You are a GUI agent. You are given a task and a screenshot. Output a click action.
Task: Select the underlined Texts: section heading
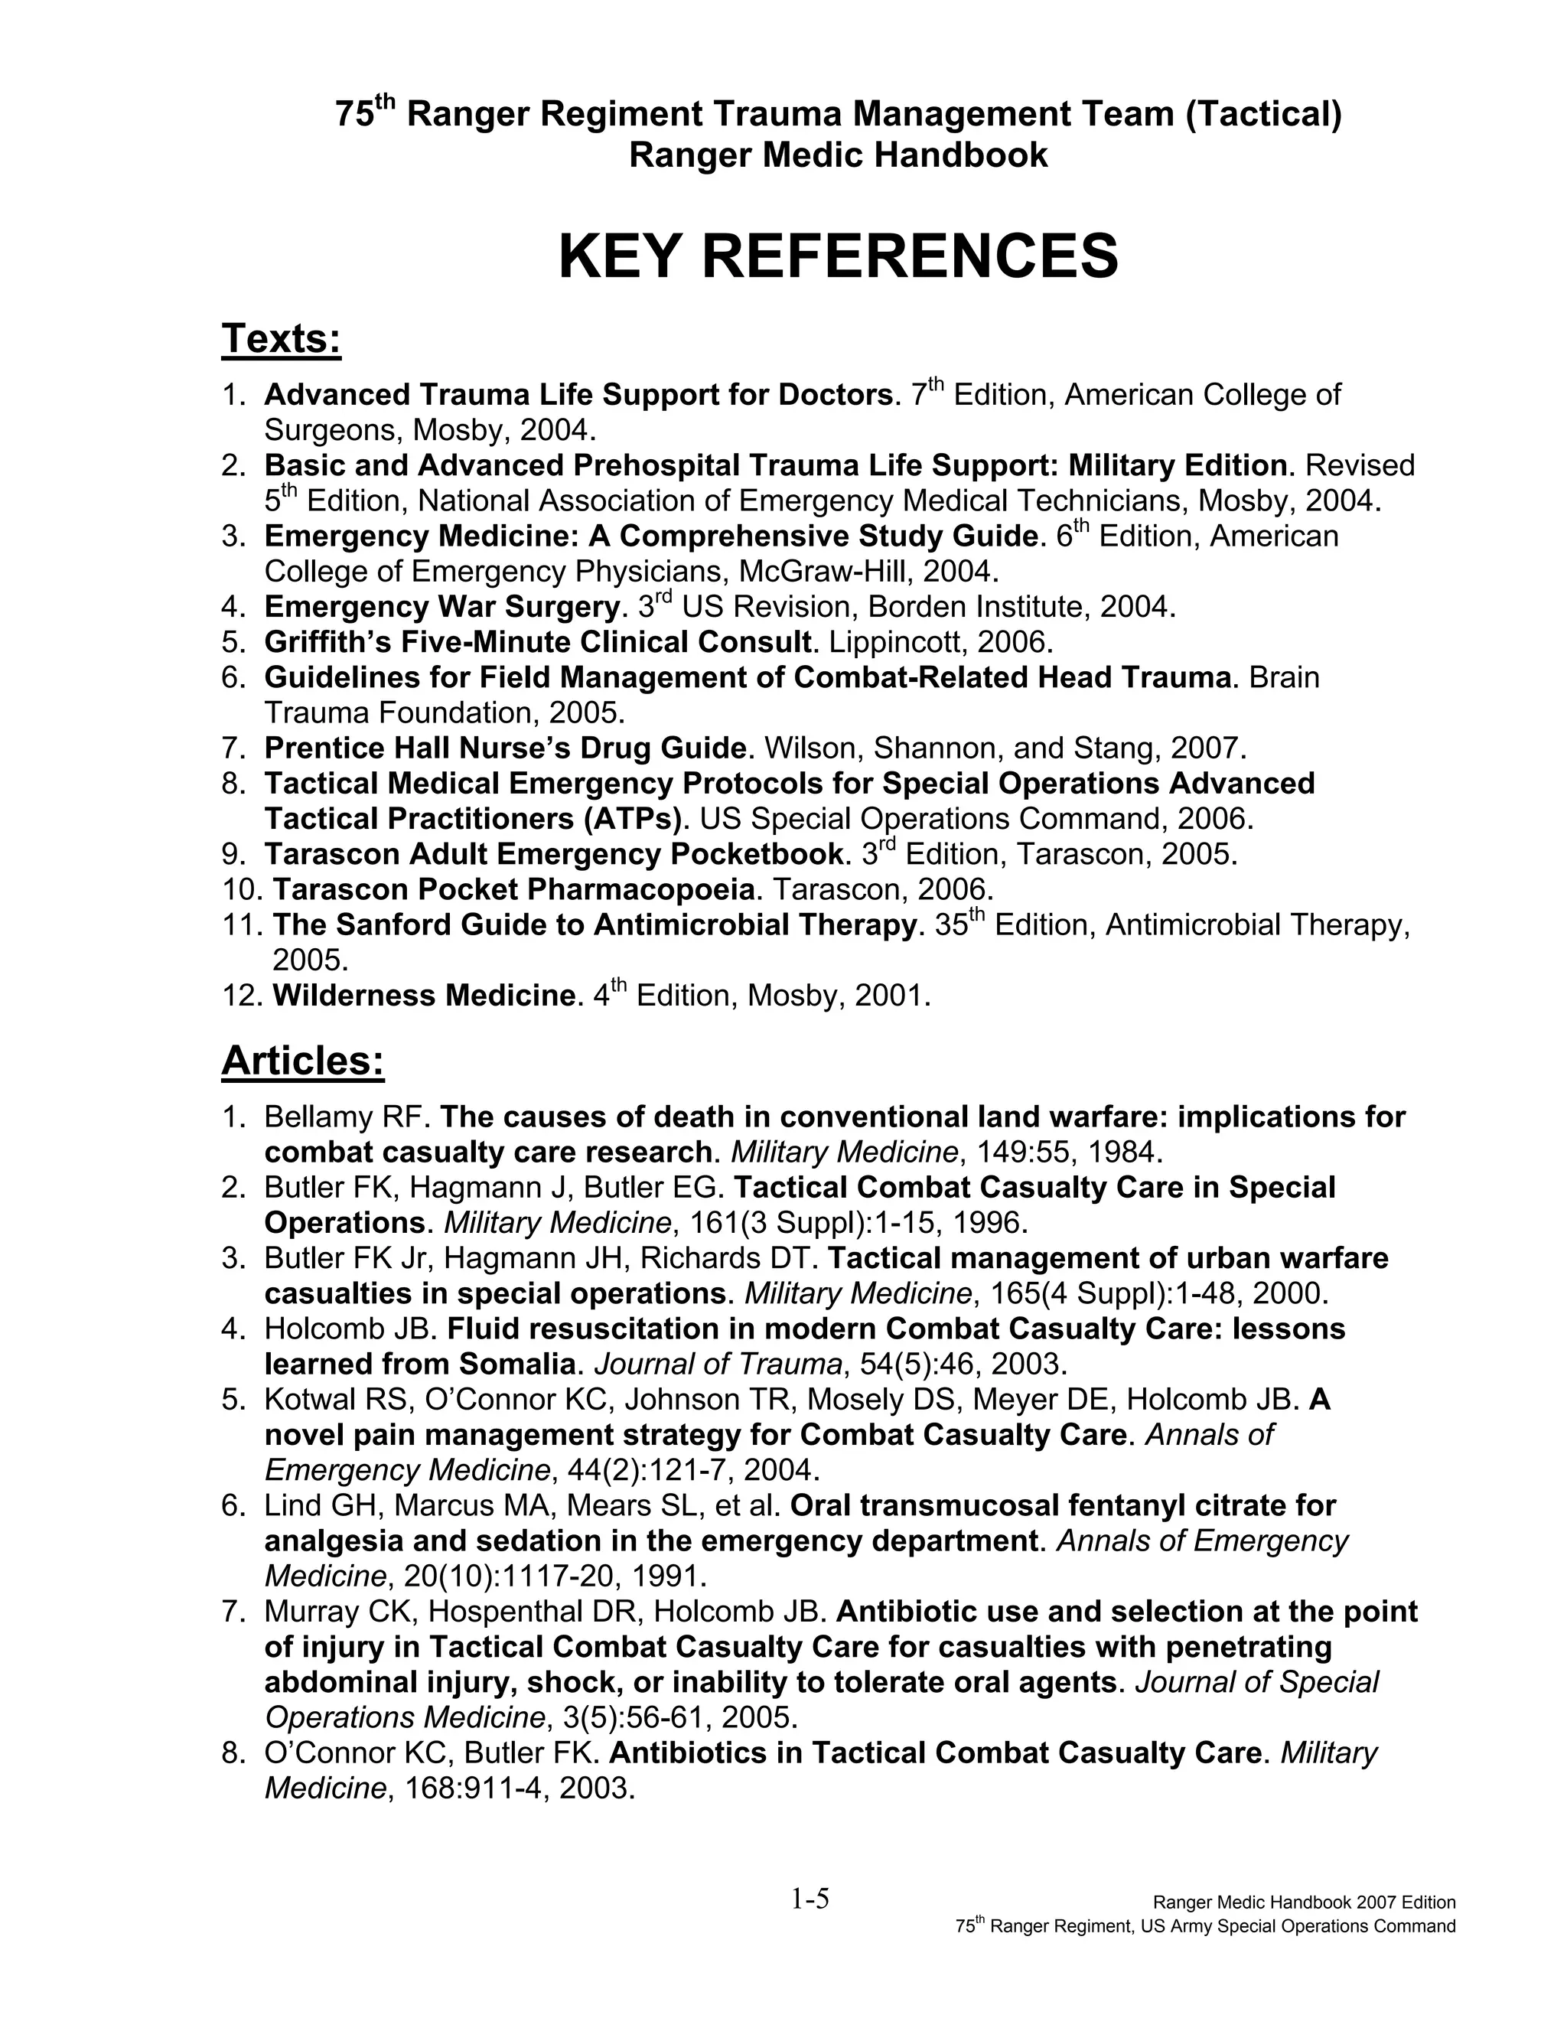pyautogui.click(x=282, y=339)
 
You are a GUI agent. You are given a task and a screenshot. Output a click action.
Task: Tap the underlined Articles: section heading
pyautogui.click(x=303, y=1061)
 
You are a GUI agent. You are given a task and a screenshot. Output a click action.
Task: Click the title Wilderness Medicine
pyautogui.click(x=423, y=996)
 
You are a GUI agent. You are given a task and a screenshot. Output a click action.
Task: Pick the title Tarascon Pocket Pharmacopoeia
pyautogui.click(x=513, y=888)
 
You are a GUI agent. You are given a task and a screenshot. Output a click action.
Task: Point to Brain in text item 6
pyautogui.click(x=1284, y=677)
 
